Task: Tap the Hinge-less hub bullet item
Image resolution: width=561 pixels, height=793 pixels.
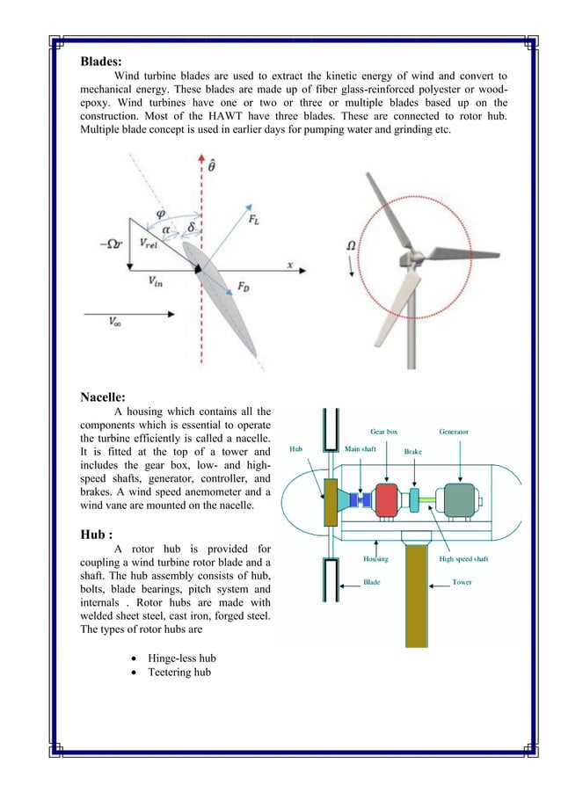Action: click(x=181, y=658)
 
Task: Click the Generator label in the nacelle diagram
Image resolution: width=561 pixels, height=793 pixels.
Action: click(x=454, y=432)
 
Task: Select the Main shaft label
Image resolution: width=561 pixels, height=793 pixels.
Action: click(x=360, y=449)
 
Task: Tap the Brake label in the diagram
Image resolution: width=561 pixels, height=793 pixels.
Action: click(x=413, y=451)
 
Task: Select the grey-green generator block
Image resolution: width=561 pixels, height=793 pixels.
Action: click(x=459, y=500)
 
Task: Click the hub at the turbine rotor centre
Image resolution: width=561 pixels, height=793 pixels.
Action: click(x=406, y=259)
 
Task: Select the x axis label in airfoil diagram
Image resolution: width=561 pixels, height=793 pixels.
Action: click(x=289, y=264)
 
